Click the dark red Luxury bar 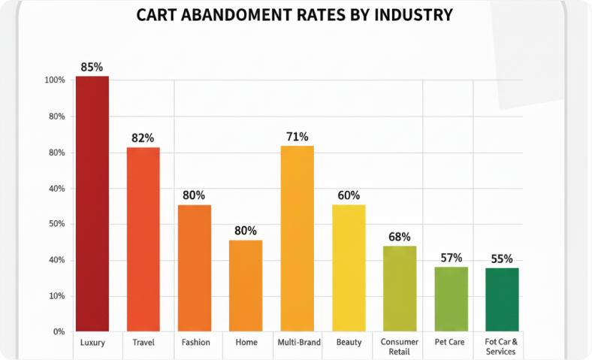pyautogui.click(x=92, y=204)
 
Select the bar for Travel pyautogui.click(x=143, y=239)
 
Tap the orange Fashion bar pyautogui.click(x=194, y=268)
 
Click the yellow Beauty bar pyautogui.click(x=349, y=268)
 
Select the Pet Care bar pyautogui.click(x=451, y=298)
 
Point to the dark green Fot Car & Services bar pyautogui.click(x=502, y=299)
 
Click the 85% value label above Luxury pyautogui.click(x=92, y=67)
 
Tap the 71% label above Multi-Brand pyautogui.click(x=297, y=137)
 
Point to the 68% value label pyautogui.click(x=400, y=237)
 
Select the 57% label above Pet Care pyautogui.click(x=451, y=258)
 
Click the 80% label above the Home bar pyautogui.click(x=246, y=231)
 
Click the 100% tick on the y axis pyautogui.click(x=55, y=80)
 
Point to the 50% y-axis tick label pyautogui.click(x=57, y=224)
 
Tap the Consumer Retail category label pyautogui.click(x=400, y=346)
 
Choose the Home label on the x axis pyautogui.click(x=246, y=342)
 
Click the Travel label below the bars pyautogui.click(x=143, y=342)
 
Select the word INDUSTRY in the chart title pyautogui.click(x=412, y=15)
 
